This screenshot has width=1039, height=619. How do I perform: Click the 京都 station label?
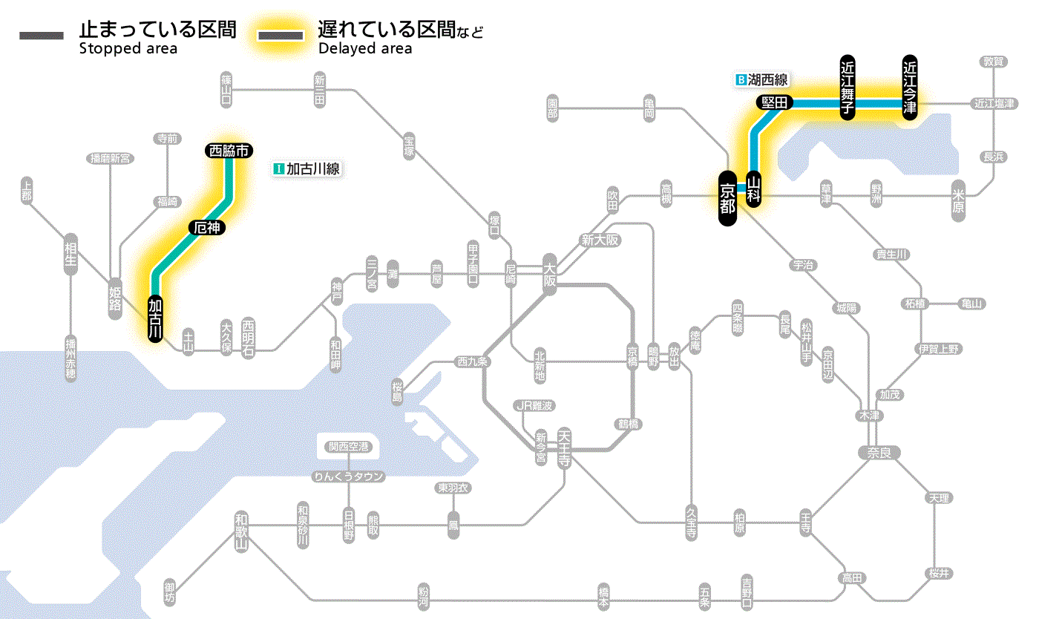727,198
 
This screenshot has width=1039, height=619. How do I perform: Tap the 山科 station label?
754,190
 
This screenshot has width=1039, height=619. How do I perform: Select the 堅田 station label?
775,102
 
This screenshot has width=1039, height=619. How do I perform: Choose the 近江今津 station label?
910,87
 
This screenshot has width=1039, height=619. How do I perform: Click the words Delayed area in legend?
364,49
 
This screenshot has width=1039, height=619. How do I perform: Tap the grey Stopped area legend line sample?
43,36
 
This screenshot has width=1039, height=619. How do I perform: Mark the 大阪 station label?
549,274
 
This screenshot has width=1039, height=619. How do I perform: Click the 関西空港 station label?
349,447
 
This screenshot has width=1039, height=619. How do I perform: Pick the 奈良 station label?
879,452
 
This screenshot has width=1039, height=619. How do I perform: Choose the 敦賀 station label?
993,62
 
